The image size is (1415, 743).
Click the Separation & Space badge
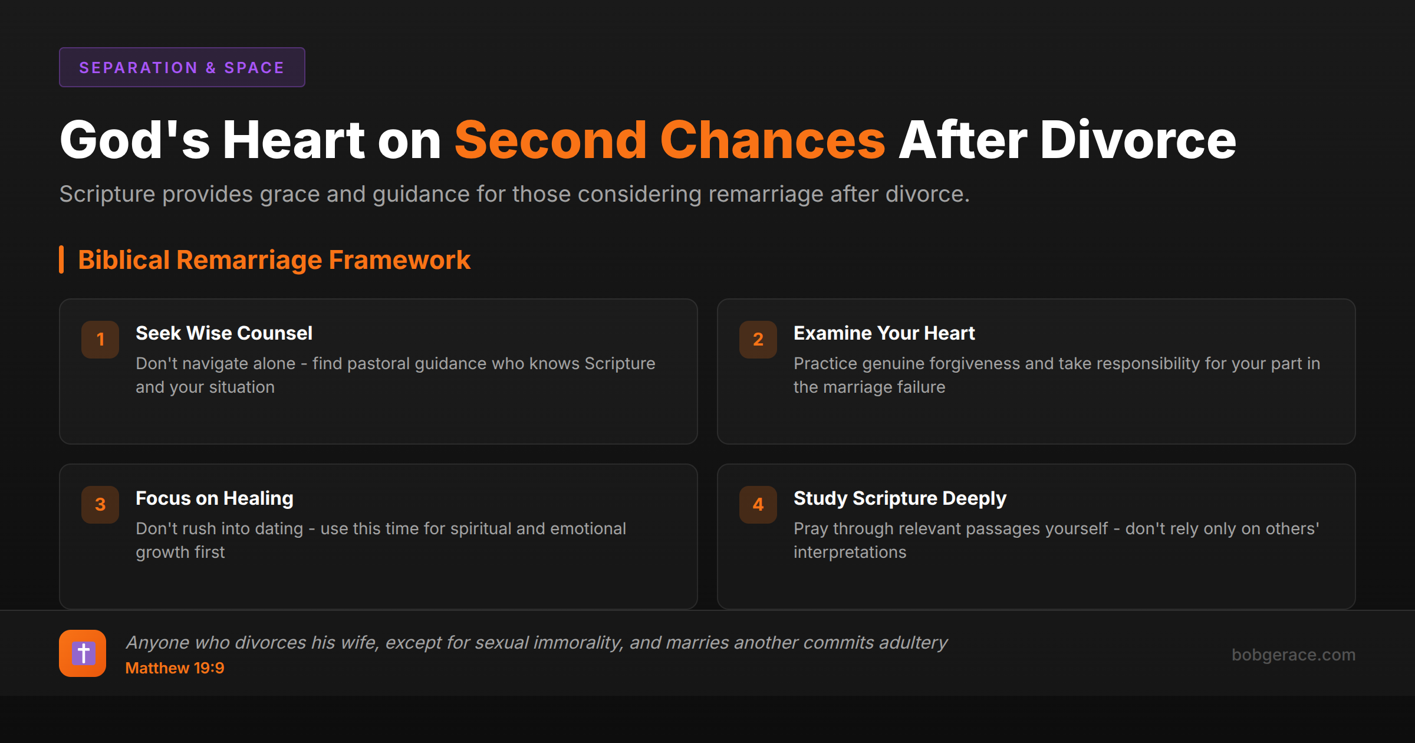click(182, 68)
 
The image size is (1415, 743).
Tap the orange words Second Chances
click(669, 140)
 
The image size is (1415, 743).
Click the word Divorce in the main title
click(1137, 140)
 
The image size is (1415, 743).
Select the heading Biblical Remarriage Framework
click(274, 260)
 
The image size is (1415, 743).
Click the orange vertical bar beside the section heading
click(61, 260)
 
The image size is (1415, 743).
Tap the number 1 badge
click(100, 340)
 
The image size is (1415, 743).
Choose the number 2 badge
click(758, 340)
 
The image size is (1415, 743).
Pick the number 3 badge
click(100, 505)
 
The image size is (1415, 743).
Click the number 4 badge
click(758, 505)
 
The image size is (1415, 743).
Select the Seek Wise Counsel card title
click(224, 333)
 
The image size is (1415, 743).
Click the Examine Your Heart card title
click(884, 333)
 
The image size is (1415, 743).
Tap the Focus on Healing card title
click(215, 498)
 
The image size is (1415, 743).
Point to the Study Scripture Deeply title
click(900, 498)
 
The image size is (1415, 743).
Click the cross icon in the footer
click(83, 653)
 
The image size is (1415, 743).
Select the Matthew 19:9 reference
click(175, 668)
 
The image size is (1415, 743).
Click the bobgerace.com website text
click(1293, 655)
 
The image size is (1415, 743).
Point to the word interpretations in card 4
click(850, 553)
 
